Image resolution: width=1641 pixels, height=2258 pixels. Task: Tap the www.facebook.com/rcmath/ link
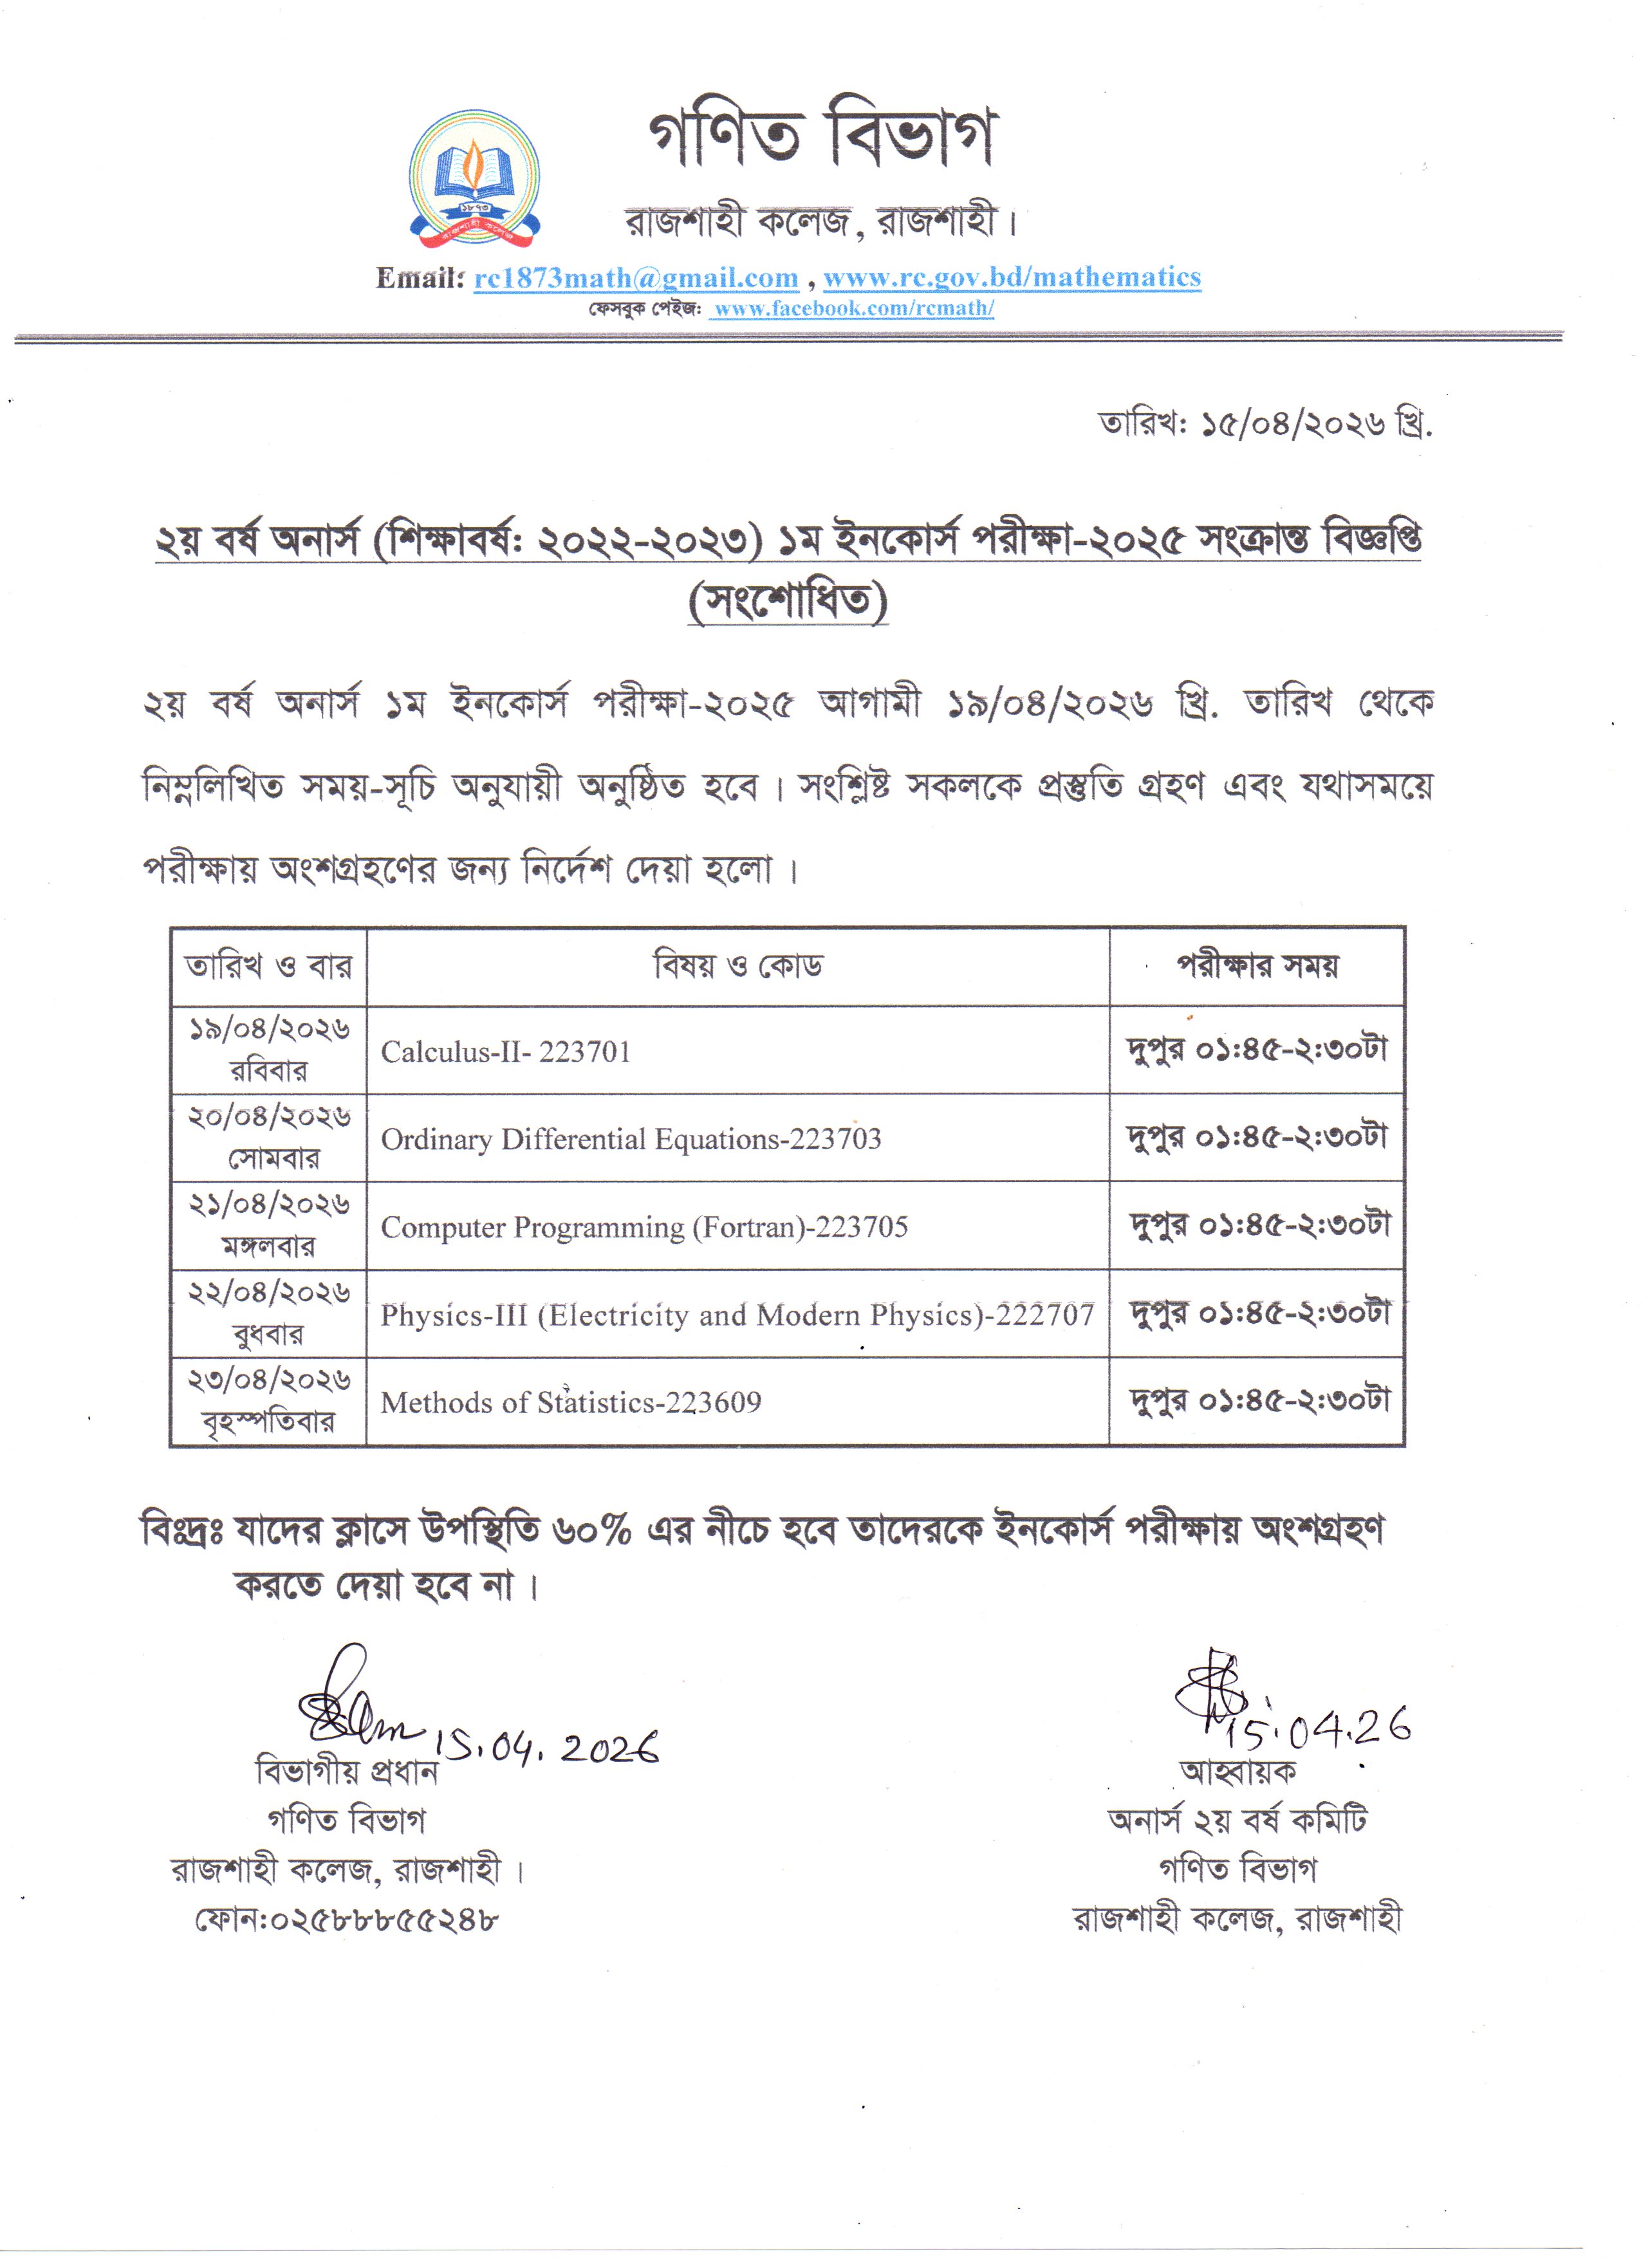(853, 309)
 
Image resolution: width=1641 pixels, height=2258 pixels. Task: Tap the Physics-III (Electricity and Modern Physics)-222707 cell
(737, 1315)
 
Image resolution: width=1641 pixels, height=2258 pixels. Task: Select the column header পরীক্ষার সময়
(1257, 966)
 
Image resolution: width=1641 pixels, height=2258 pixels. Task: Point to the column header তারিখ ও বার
(268, 966)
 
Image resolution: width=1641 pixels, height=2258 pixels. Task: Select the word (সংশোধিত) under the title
(788, 600)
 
